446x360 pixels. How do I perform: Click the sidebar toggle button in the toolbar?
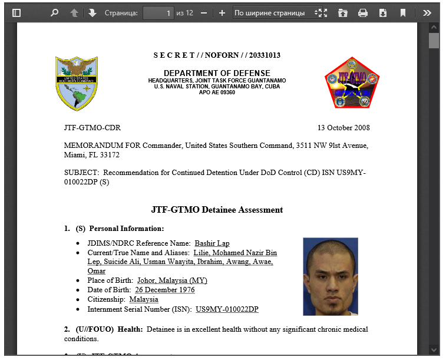[16, 12]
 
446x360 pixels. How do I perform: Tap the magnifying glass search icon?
[54, 12]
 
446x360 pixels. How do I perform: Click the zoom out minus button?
[204, 12]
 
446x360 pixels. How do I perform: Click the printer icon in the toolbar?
[363, 12]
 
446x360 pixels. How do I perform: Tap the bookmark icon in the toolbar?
[403, 12]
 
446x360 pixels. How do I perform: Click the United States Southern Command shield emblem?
[77, 83]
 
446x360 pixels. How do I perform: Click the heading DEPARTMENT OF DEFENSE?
[216, 73]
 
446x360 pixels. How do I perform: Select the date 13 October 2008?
[343, 128]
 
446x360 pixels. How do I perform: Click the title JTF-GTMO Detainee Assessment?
[217, 210]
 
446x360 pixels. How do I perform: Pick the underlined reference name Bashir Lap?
[212, 243]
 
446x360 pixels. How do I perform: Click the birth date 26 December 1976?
[165, 290]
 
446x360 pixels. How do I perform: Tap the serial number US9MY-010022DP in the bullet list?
[227, 309]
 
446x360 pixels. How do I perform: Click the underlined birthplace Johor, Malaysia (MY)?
[172, 280]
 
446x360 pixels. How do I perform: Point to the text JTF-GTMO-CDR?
[92, 128]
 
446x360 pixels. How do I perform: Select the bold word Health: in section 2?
[130, 329]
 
